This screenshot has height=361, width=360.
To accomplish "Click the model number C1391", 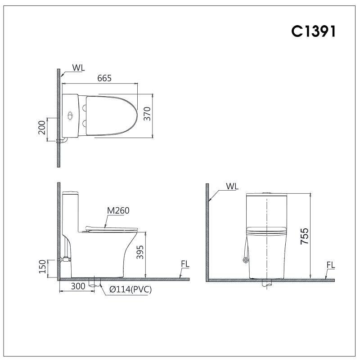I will click(313, 31).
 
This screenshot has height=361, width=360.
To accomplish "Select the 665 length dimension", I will click(104, 78).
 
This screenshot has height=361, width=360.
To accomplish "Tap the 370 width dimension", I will click(147, 115).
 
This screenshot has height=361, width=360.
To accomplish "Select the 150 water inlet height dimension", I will click(43, 266).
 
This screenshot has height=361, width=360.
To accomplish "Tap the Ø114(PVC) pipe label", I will click(130, 290).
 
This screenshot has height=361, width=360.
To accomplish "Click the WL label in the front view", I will click(233, 186).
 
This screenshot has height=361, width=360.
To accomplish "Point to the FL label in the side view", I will click(185, 264).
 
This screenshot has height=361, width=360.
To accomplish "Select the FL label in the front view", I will click(331, 265).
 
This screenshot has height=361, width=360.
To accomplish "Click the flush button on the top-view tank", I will click(70, 116).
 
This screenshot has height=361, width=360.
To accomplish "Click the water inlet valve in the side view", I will click(66, 259).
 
